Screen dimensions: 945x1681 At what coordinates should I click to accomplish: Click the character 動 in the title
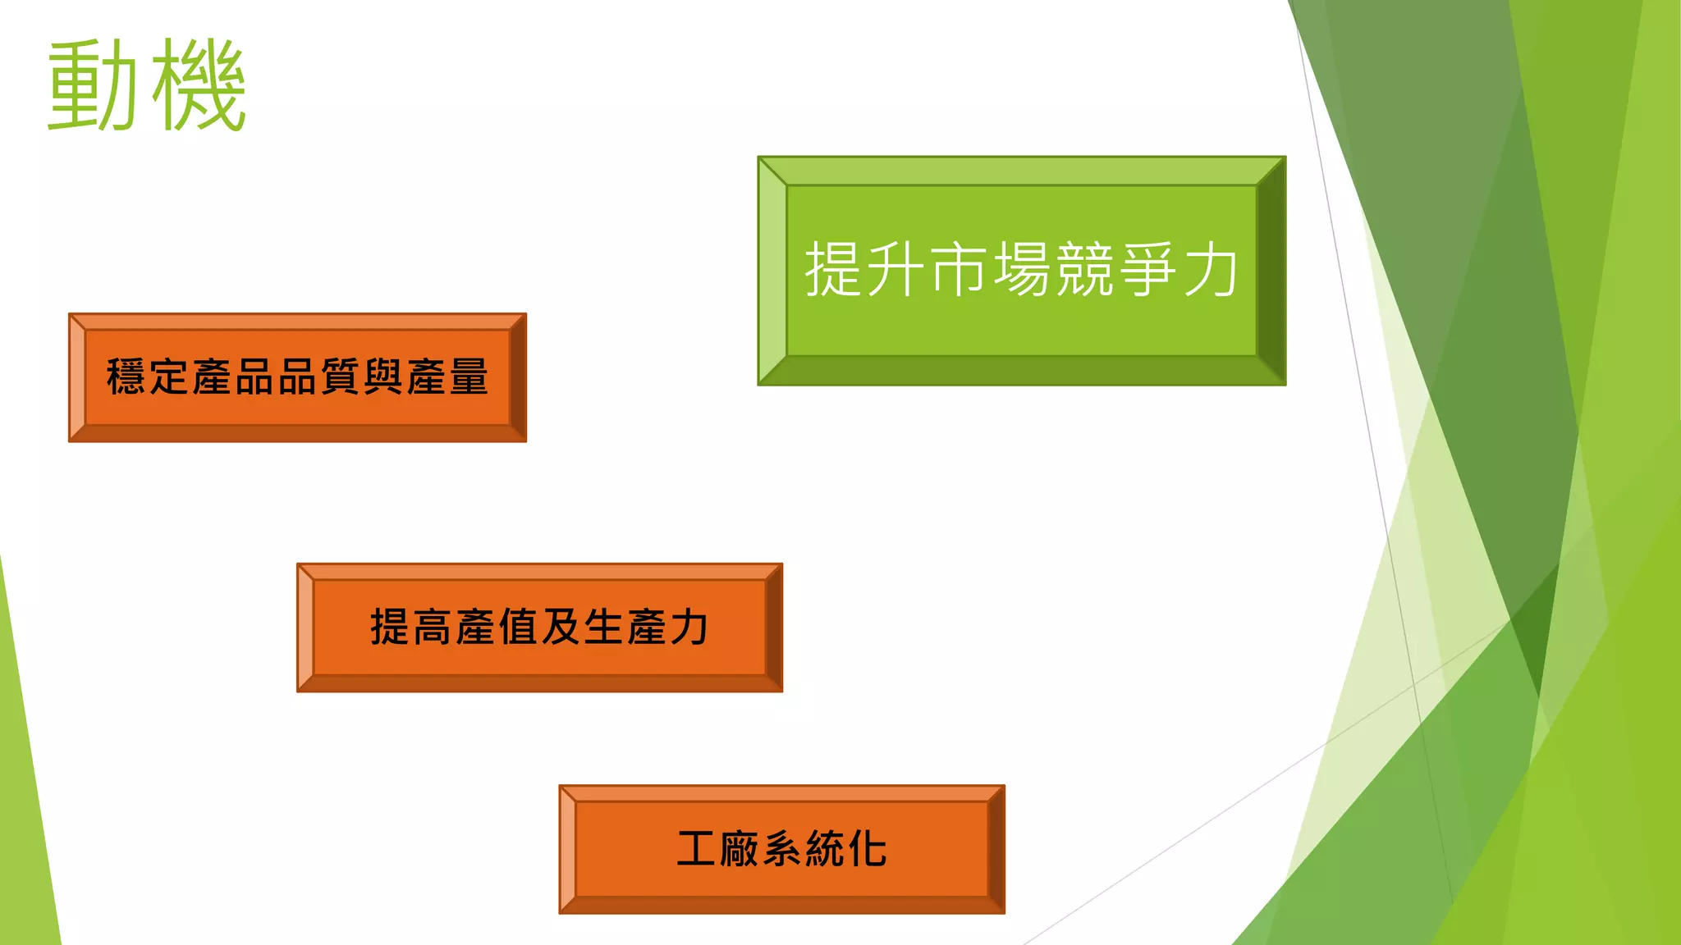click(x=92, y=85)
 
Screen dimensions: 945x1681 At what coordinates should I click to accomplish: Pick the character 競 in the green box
click(x=1084, y=269)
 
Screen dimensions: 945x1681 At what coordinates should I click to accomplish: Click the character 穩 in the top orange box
click(x=126, y=377)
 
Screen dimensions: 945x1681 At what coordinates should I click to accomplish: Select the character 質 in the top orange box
click(x=340, y=377)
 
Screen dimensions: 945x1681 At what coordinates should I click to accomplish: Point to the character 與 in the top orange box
click(x=382, y=377)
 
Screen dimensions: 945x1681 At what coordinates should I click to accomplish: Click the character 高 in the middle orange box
click(x=433, y=628)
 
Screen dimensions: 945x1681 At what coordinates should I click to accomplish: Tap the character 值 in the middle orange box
click(x=518, y=628)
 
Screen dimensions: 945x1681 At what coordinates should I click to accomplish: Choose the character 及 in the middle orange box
click(x=561, y=628)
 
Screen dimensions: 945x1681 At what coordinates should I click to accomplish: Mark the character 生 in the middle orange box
click(x=603, y=628)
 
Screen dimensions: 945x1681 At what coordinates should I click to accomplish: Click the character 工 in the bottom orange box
click(x=697, y=849)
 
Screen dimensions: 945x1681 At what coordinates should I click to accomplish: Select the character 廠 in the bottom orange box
click(x=740, y=849)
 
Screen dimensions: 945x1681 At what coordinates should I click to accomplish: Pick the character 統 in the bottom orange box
click(x=825, y=849)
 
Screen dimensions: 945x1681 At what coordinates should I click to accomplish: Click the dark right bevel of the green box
click(x=1271, y=271)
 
